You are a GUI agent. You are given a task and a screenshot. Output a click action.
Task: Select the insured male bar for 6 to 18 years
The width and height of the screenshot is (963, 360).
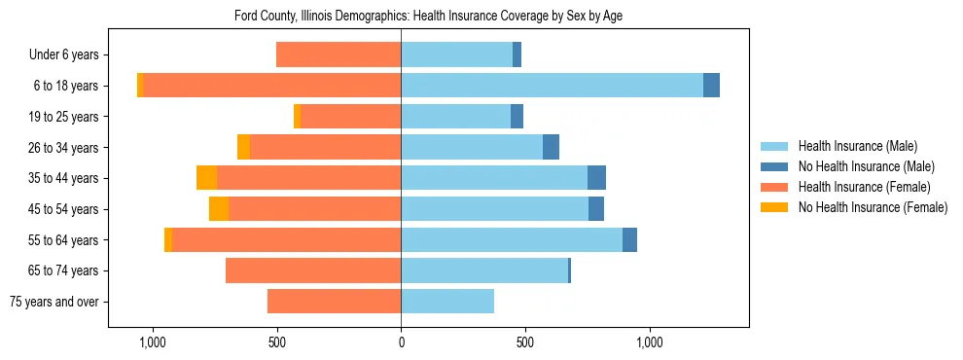(552, 86)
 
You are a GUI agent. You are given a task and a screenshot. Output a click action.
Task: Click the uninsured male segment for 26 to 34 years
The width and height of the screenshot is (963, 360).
(551, 147)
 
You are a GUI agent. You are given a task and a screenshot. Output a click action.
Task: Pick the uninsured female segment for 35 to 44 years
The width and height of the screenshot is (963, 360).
(206, 178)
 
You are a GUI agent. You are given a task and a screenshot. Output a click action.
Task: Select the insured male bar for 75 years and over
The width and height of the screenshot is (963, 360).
(447, 302)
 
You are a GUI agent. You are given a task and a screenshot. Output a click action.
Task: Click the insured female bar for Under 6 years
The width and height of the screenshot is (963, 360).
(339, 54)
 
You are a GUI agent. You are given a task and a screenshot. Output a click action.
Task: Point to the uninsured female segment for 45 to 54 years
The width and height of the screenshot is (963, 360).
(219, 209)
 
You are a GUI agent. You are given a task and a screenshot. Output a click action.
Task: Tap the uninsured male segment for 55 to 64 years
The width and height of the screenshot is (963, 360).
(629, 239)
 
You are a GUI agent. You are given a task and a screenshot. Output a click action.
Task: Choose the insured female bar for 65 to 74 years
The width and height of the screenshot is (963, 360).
(313, 270)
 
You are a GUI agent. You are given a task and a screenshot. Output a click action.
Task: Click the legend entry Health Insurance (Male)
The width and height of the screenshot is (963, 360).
(857, 146)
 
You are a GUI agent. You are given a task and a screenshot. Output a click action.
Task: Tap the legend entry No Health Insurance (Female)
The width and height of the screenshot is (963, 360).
(873, 207)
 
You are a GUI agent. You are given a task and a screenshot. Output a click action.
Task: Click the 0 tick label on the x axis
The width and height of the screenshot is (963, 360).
(401, 342)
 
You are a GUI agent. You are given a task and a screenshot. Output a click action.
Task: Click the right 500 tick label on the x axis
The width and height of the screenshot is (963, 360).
(525, 342)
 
